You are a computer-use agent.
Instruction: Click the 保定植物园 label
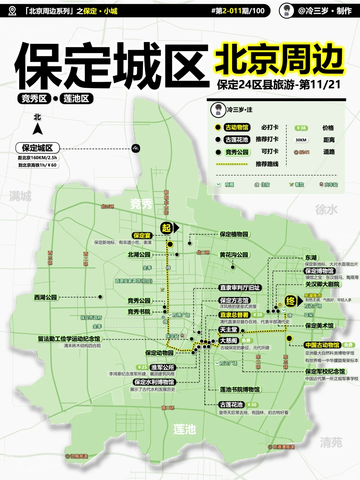[x=234, y=234]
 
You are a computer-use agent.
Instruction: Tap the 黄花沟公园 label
[x=234, y=255]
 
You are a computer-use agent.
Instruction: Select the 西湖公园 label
[x=45, y=297]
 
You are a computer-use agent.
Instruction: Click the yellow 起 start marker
[x=166, y=228]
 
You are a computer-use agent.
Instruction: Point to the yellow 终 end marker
[x=290, y=301]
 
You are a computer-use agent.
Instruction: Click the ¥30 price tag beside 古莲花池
[x=252, y=405]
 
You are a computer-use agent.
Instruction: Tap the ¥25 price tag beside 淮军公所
[x=142, y=367]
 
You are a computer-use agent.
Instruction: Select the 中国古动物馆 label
[x=322, y=345]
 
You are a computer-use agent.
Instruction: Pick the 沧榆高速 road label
[x=77, y=456]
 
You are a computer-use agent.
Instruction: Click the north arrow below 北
[x=38, y=129]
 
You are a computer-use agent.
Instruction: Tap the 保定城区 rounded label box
[x=37, y=148]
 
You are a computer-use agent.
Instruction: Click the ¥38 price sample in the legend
[x=301, y=128]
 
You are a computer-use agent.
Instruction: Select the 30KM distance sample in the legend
[x=301, y=140]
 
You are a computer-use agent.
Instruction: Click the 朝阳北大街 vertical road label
[x=166, y=202]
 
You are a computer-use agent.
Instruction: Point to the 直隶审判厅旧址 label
[x=240, y=287]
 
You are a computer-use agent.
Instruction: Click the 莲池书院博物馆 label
[x=240, y=389]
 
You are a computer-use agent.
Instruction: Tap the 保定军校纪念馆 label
[x=325, y=371]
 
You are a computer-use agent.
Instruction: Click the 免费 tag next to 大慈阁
[x=246, y=340]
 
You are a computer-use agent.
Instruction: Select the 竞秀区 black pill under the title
[x=34, y=99]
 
